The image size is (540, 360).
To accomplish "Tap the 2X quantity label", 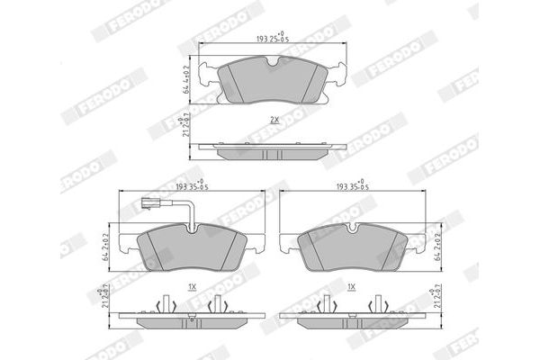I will tap(273, 120).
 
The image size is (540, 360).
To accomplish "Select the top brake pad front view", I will tap(272, 79).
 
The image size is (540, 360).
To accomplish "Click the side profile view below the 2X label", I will tap(272, 149).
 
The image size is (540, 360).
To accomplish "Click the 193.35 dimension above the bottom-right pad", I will tap(353, 186).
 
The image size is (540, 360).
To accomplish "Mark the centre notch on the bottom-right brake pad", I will tap(353, 226).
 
